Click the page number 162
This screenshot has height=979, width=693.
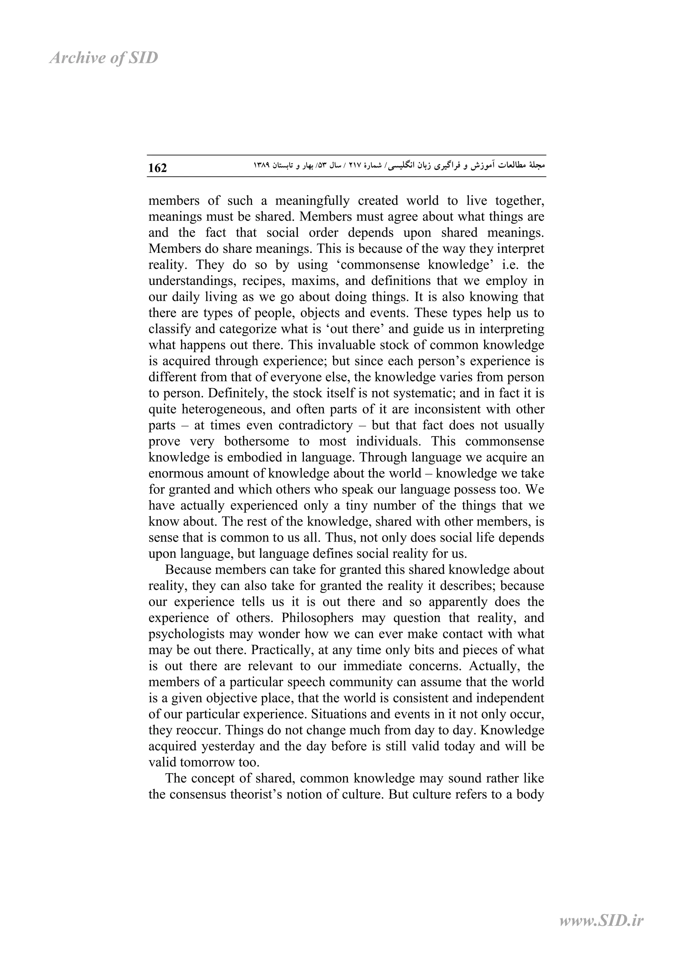[x=157, y=168]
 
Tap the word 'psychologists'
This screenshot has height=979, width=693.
[x=185, y=634]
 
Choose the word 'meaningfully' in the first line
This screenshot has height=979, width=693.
[x=312, y=200]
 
